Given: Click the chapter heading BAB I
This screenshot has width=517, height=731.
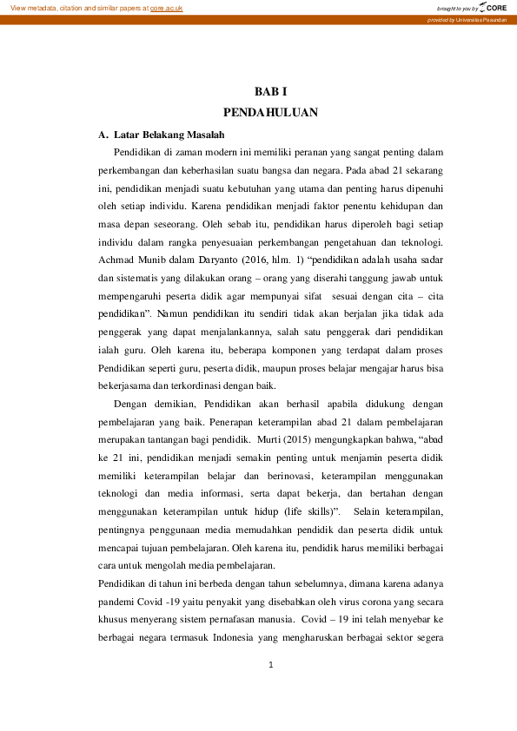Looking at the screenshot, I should pos(269,91).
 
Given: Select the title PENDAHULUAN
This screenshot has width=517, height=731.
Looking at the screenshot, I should pos(270,112).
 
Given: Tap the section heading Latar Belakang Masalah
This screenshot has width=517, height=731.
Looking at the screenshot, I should pos(169,135).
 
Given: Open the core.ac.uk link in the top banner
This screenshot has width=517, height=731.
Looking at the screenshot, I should pos(166,8).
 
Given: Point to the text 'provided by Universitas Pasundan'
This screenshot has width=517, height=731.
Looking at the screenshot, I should pos(467,19).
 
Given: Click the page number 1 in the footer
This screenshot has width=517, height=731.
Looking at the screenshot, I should pos(271,665).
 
